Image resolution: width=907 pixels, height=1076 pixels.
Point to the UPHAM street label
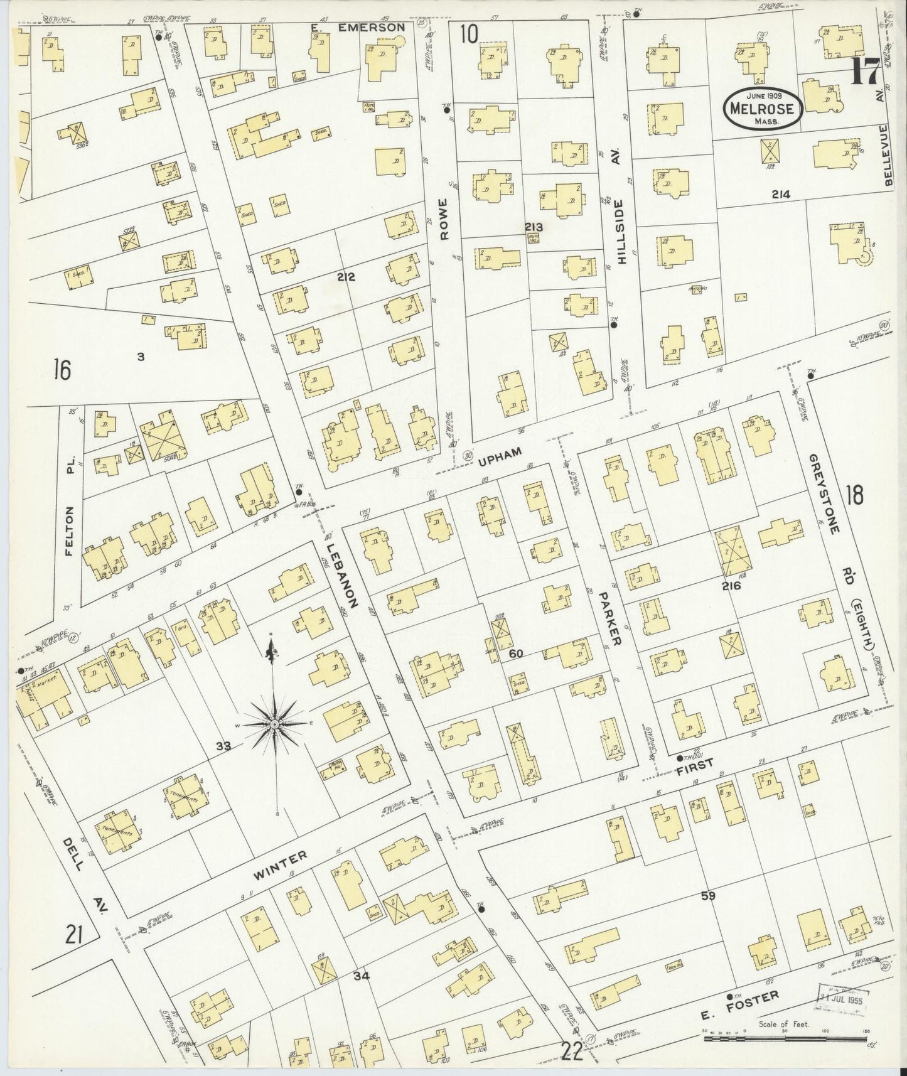500,460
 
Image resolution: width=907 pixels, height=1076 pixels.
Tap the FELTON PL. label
69,532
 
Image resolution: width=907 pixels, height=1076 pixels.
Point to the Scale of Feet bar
785,1038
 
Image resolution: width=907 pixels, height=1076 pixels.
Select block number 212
346,277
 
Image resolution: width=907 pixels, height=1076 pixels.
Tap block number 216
731,586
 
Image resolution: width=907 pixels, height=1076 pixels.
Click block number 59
709,896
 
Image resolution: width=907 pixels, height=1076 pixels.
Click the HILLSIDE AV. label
621,230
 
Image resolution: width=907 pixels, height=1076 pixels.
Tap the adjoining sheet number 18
855,495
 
